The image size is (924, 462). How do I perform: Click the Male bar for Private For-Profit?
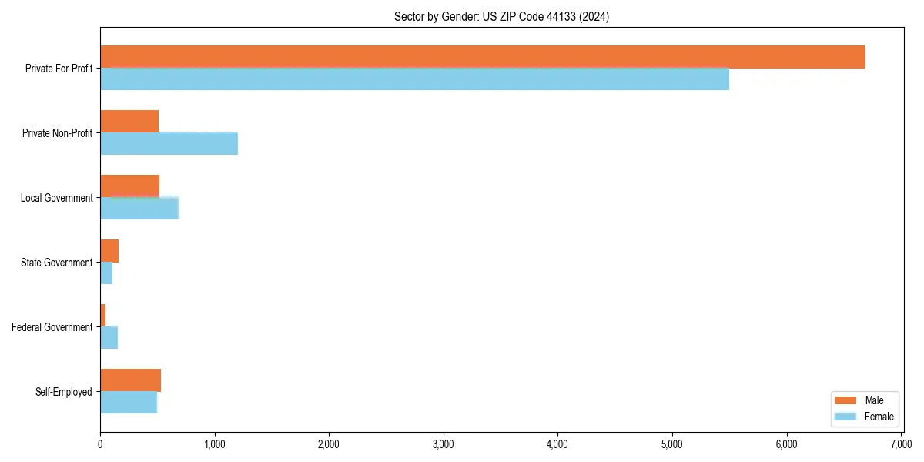[483, 57]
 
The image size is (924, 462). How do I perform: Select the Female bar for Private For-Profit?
[414, 79]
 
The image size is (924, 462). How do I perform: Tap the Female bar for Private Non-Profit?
[169, 144]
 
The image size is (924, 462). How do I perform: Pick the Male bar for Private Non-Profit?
[129, 122]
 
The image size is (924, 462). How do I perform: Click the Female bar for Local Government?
[139, 209]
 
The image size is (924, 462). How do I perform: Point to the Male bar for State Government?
[109, 251]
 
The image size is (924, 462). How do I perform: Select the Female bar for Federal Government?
[109, 338]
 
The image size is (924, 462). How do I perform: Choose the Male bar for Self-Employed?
[130, 380]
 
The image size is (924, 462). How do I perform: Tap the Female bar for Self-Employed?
[129, 403]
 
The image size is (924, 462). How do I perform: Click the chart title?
[501, 17]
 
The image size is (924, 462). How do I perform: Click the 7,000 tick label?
[901, 444]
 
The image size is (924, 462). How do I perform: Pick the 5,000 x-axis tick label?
[672, 444]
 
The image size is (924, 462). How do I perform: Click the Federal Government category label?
[52, 327]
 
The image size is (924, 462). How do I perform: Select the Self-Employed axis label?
[64, 392]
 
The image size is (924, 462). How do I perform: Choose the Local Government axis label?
[57, 198]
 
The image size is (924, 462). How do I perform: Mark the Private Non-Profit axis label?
[58, 133]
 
